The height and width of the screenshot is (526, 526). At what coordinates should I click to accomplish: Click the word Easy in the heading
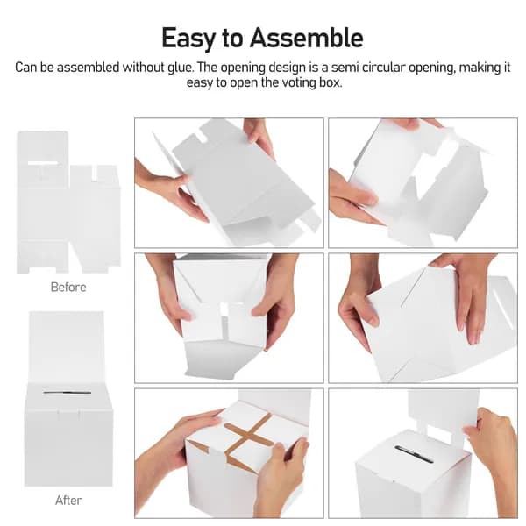click(x=188, y=39)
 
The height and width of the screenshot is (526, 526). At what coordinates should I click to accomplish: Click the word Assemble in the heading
click(x=306, y=38)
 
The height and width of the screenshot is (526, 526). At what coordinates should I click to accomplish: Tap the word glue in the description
click(x=180, y=68)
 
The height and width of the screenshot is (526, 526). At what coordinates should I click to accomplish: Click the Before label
click(x=68, y=288)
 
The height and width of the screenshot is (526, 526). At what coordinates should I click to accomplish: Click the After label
click(x=68, y=501)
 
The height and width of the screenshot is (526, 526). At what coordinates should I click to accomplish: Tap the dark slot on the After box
click(x=68, y=392)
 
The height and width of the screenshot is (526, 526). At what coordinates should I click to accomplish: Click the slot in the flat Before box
click(x=43, y=163)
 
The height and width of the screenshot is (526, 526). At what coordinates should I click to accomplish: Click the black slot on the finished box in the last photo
click(x=414, y=454)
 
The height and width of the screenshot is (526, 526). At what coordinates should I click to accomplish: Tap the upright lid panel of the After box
click(x=67, y=347)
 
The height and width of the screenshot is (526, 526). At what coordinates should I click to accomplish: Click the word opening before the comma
click(x=432, y=68)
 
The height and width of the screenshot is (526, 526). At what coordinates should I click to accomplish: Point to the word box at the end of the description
click(x=331, y=83)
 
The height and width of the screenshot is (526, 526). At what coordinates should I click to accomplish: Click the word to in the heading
click(x=232, y=39)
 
